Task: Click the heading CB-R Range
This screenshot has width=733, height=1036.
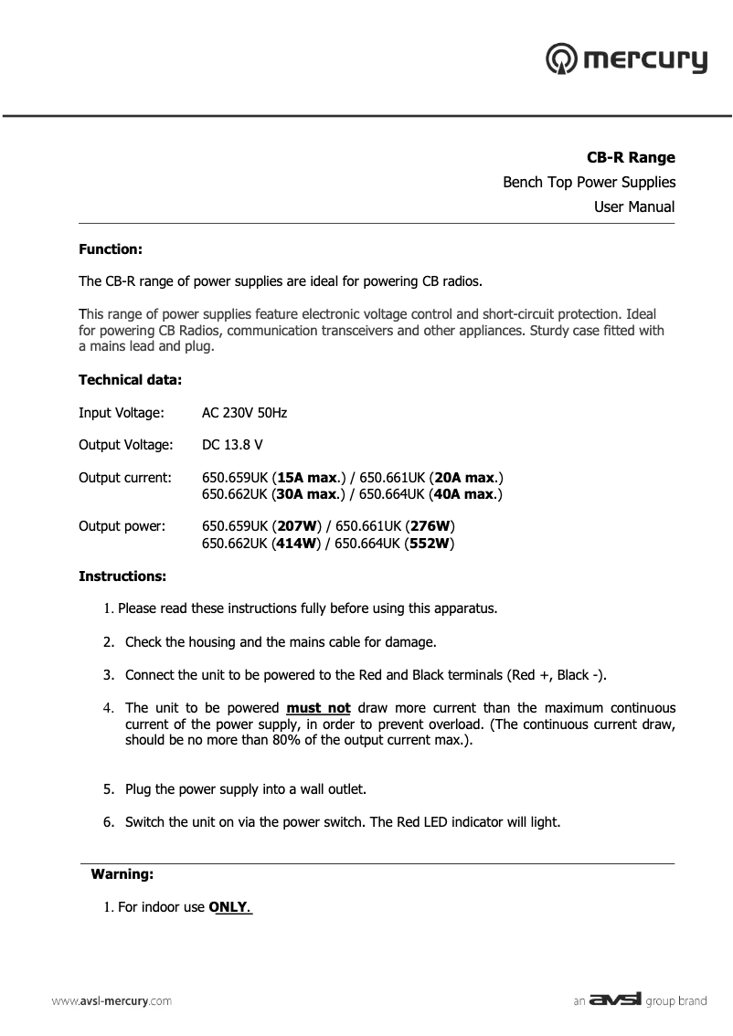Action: tap(631, 158)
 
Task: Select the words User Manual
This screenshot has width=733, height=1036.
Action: tap(634, 206)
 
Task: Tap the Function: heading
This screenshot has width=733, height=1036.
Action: tap(111, 248)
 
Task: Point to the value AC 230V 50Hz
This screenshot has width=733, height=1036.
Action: tap(244, 413)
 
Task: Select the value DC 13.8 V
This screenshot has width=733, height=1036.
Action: tap(232, 445)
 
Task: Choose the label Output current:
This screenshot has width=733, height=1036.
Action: tap(124, 478)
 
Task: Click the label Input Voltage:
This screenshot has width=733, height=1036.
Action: tap(122, 413)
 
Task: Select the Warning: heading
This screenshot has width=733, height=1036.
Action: tap(122, 874)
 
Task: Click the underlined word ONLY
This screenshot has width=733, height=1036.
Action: tap(230, 908)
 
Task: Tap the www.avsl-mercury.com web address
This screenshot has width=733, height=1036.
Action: tap(111, 1001)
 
